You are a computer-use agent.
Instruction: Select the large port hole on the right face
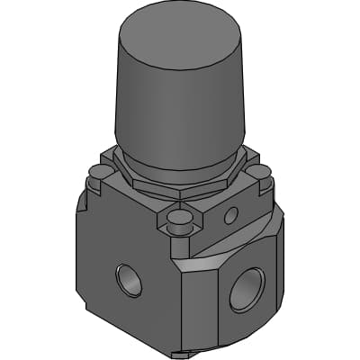[246, 289]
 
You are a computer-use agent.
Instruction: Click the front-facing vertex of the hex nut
[179, 195]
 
